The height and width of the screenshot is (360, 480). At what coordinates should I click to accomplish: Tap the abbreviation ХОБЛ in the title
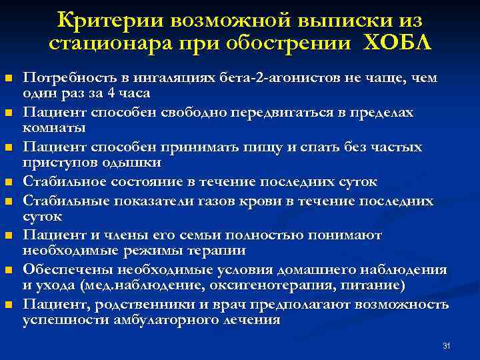pos(397,43)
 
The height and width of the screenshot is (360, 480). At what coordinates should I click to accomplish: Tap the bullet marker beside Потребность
pos(8,79)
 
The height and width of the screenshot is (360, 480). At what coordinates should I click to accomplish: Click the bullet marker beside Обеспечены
pos(8,271)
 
